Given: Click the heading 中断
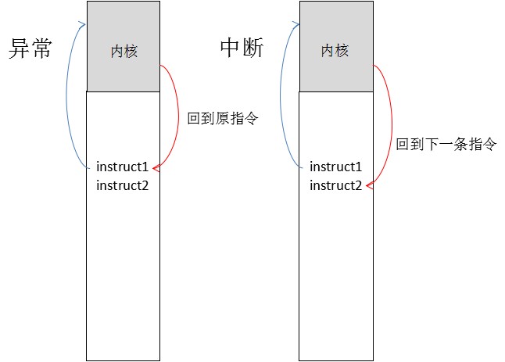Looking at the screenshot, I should click(242, 48).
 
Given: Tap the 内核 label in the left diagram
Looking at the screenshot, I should click(124, 52).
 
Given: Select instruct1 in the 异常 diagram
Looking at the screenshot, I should click(122, 167).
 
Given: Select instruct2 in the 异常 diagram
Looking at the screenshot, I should click(122, 185).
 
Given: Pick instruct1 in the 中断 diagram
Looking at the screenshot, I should click(335, 167).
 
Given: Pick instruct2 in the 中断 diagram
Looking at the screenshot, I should click(335, 185).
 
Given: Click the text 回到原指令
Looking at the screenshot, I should click(223, 120).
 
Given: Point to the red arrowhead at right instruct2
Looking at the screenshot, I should click(368, 186).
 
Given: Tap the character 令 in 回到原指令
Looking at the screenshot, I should click(251, 120).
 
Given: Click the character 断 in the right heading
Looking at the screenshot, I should click(253, 48).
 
